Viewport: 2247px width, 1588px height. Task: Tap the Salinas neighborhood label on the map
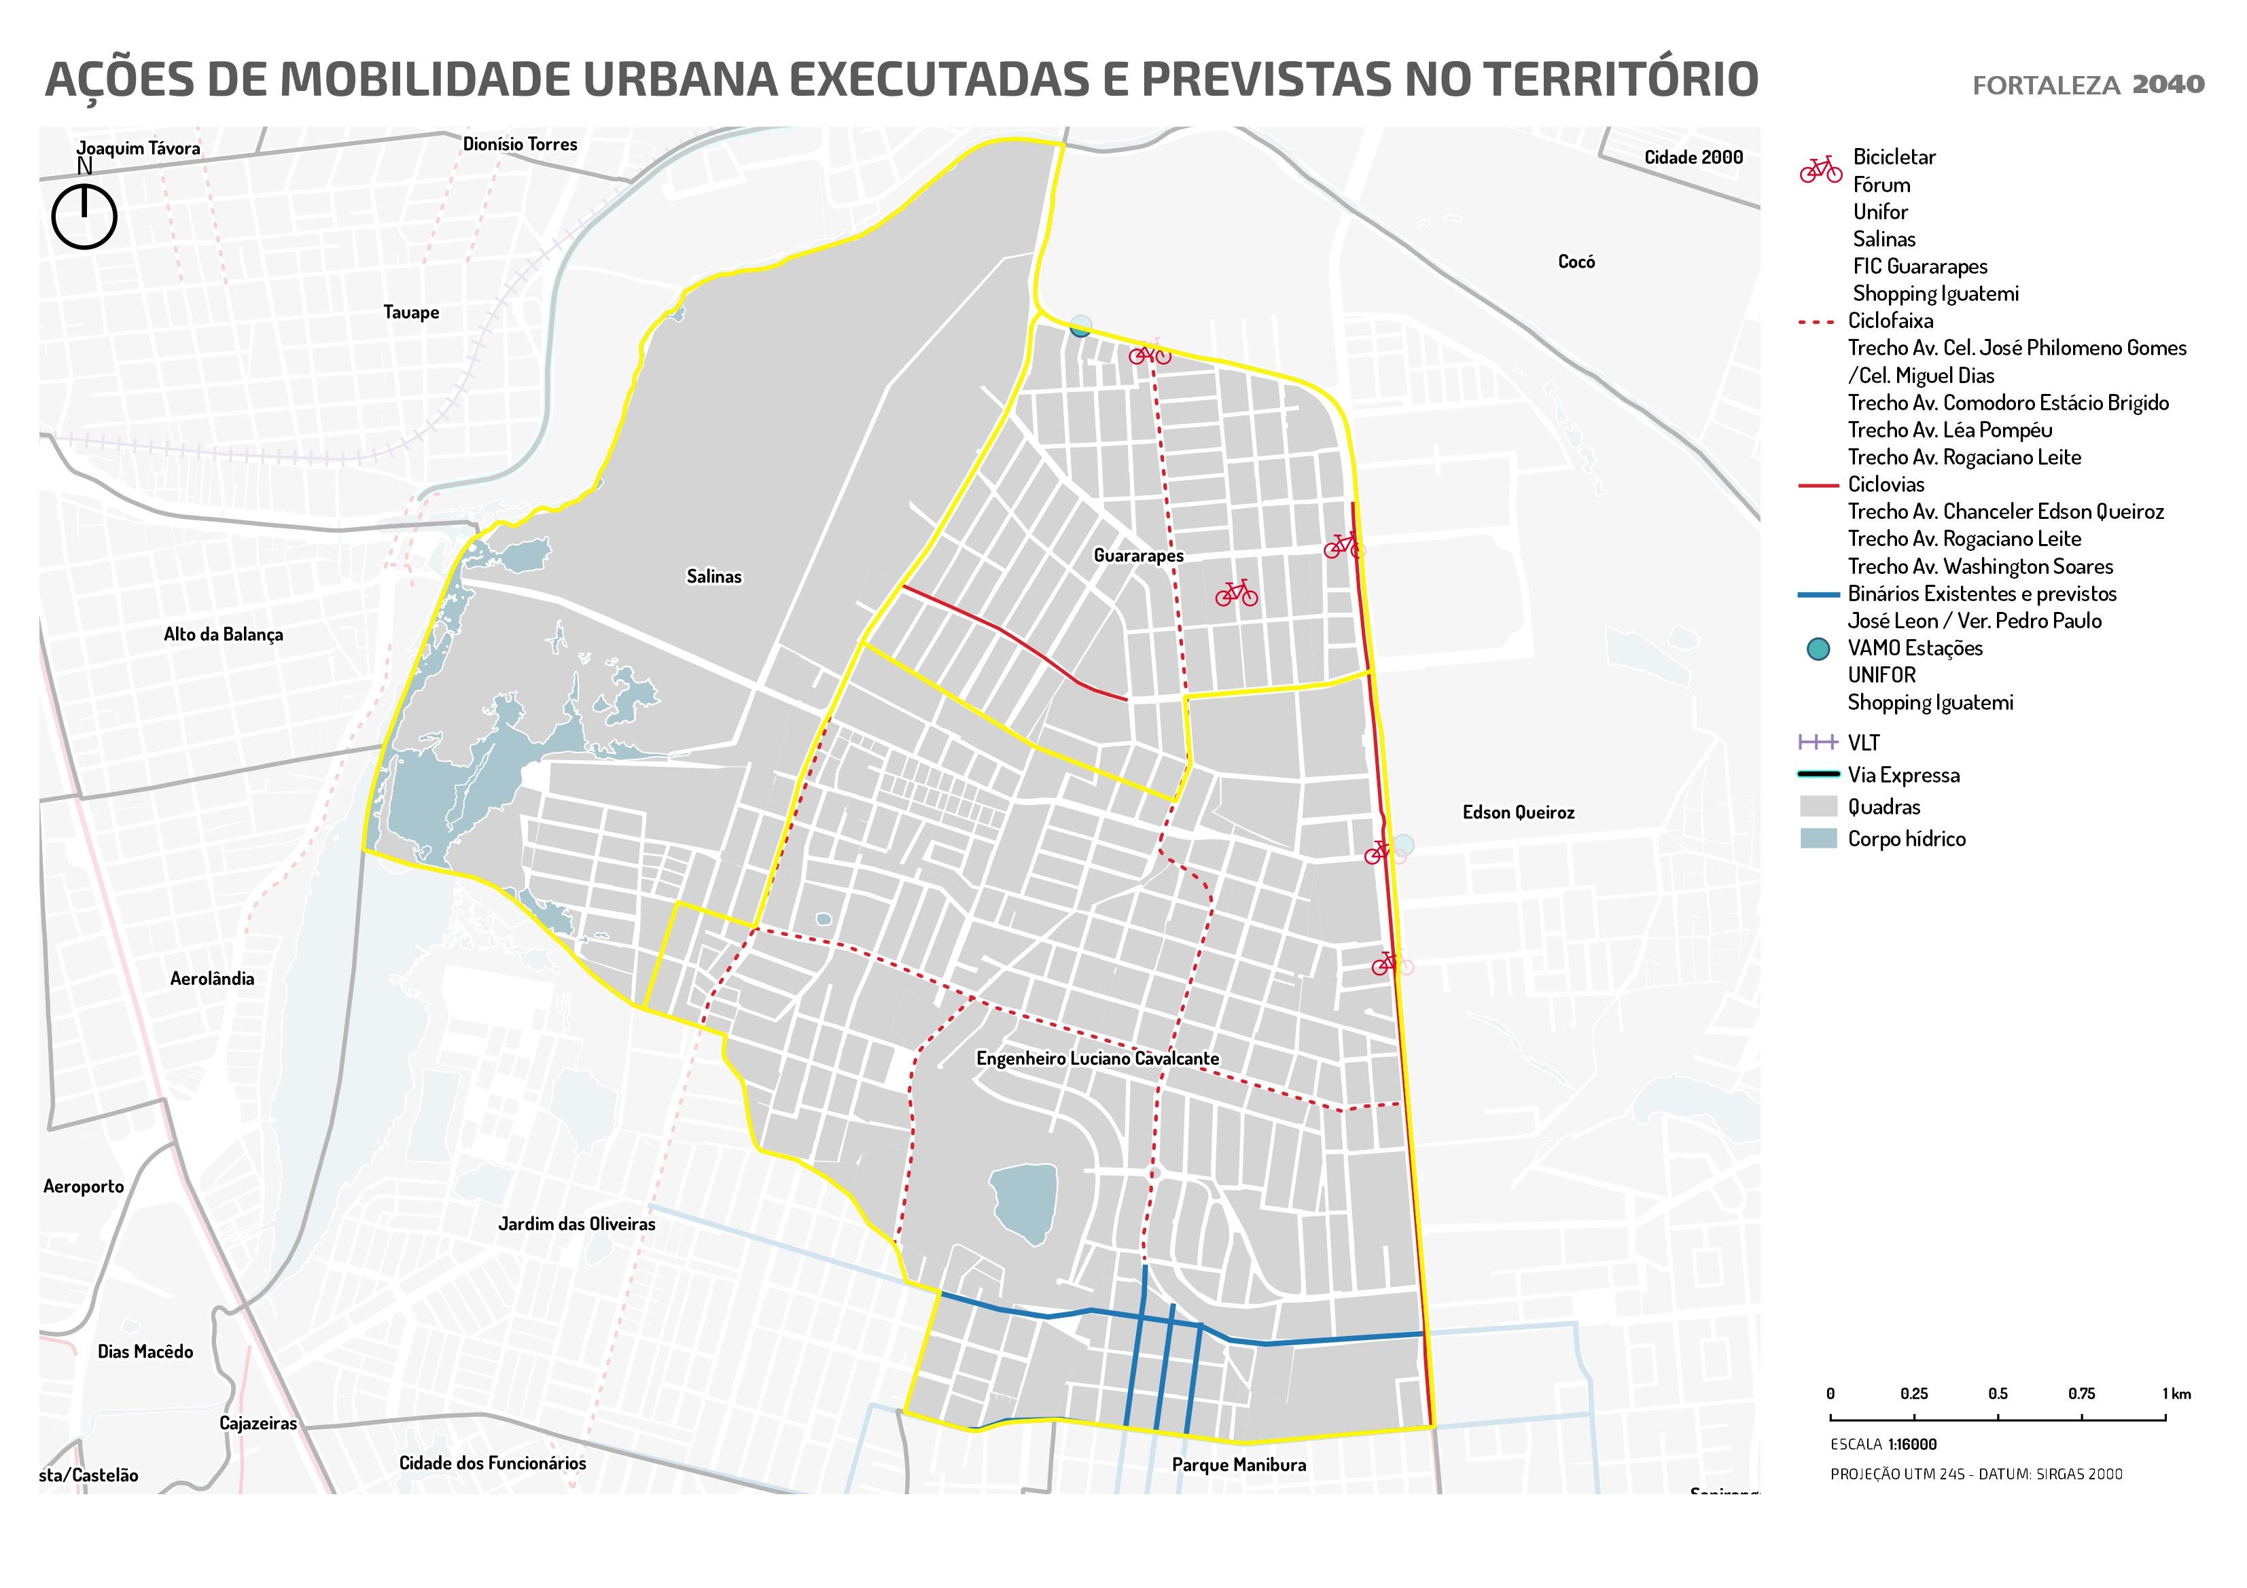pos(713,576)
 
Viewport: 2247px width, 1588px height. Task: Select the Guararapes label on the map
pos(1138,556)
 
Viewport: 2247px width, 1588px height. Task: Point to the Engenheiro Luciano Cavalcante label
pos(1097,1059)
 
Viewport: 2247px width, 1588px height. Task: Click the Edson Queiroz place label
pos(1518,812)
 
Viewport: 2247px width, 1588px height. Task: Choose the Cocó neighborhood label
pos(1576,261)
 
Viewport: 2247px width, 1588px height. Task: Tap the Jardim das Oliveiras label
pos(576,1224)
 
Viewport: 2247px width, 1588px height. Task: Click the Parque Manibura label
pos(1238,1464)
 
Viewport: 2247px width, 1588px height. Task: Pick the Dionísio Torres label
pos(520,144)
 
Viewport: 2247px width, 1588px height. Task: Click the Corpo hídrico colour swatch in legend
pos(1818,839)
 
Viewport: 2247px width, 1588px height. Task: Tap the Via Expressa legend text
pos(1903,775)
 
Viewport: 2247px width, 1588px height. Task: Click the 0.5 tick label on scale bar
pos(1998,1393)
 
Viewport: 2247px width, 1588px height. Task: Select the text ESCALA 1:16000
pos(1883,1444)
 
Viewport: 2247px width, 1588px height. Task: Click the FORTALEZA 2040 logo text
pos(2087,85)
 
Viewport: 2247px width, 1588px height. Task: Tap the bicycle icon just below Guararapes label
pos(1236,593)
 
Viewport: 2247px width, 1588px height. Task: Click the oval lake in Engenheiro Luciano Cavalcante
pos(1025,1202)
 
